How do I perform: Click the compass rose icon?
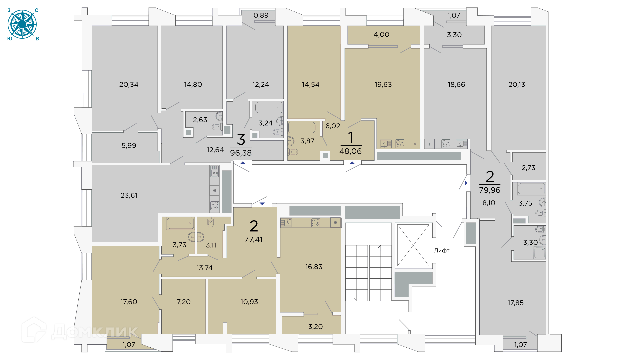pyautogui.click(x=22, y=24)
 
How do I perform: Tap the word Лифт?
pyautogui.click(x=441, y=250)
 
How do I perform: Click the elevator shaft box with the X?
pyautogui.click(x=413, y=245)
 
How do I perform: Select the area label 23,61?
pyautogui.click(x=129, y=195)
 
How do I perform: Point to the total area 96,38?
pyautogui.click(x=241, y=153)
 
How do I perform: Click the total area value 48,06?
pyautogui.click(x=350, y=151)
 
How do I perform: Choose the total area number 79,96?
pyautogui.click(x=490, y=190)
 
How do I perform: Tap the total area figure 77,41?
pyautogui.click(x=253, y=239)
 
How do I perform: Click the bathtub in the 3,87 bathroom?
pyautogui.click(x=302, y=128)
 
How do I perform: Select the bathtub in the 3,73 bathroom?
pyautogui.click(x=180, y=223)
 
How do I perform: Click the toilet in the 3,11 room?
pyautogui.click(x=210, y=222)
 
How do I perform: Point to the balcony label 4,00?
pyautogui.click(x=381, y=34)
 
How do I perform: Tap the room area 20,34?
pyautogui.click(x=129, y=84)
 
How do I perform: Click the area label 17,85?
pyautogui.click(x=515, y=303)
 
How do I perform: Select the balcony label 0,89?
pyautogui.click(x=261, y=15)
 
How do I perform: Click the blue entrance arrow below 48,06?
pyautogui.click(x=352, y=163)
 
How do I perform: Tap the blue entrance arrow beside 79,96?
pyautogui.click(x=466, y=183)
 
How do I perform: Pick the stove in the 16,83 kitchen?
pyautogui.click(x=315, y=223)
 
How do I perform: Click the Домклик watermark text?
pyautogui.click(x=95, y=331)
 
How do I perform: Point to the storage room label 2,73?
pyautogui.click(x=528, y=168)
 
